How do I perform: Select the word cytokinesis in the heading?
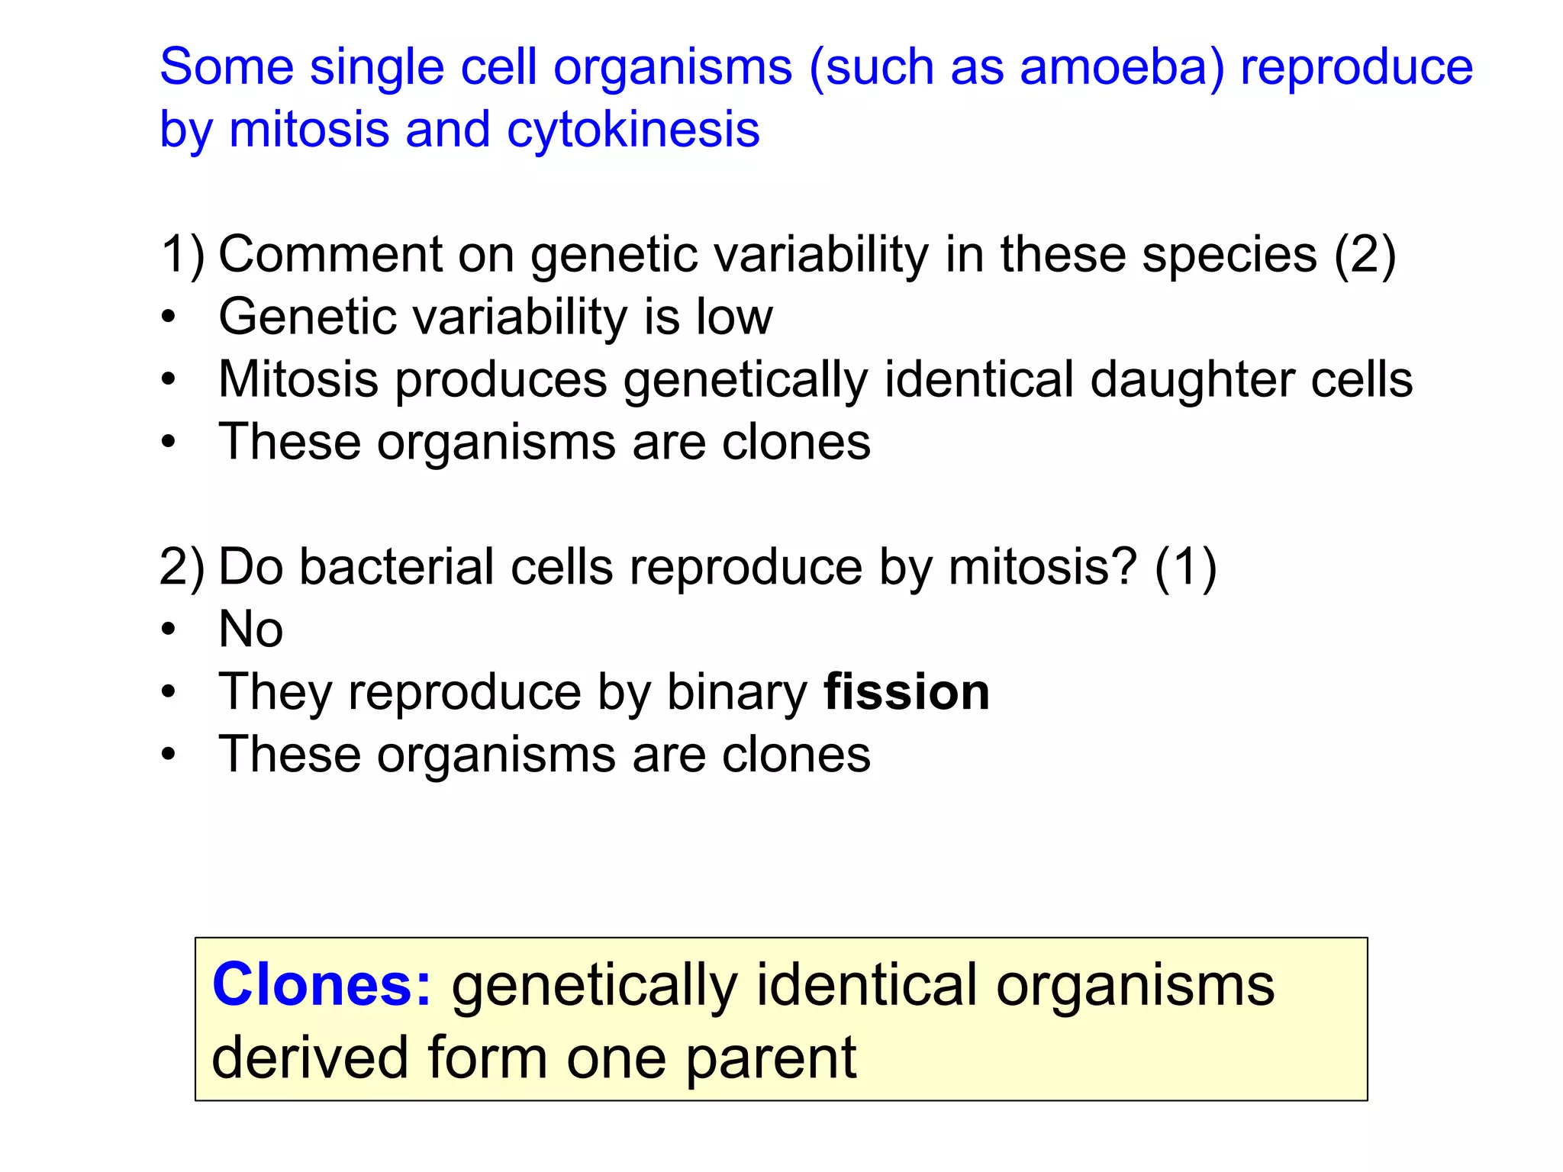pos(633,130)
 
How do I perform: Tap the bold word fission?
pos(906,692)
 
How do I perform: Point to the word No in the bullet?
pos(250,629)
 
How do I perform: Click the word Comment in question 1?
pos(330,254)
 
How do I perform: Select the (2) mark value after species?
pos(1365,254)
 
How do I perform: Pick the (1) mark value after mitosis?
pos(1184,568)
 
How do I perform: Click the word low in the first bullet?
pos(733,317)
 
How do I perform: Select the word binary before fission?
pos(736,692)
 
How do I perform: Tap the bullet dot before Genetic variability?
pos(169,317)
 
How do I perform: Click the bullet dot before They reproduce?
pos(169,693)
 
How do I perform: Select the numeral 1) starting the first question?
pos(182,254)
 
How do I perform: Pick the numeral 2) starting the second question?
pos(182,568)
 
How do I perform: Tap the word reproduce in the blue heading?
pos(1356,67)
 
